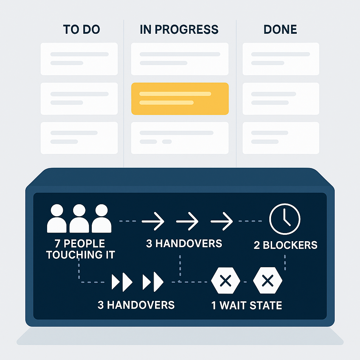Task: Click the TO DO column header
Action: coord(82,30)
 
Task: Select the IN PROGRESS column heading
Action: coord(179,30)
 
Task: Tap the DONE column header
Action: coord(280,30)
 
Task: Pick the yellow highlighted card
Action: coord(180,98)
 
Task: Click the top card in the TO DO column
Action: coord(79,59)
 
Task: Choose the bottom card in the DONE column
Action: coord(281,138)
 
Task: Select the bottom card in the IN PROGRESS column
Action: coord(180,138)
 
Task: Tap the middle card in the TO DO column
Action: coord(79,98)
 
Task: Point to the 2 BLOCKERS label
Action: coord(285,245)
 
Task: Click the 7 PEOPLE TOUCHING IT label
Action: coord(81,249)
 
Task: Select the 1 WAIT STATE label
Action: coord(246,305)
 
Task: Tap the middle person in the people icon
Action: coord(79,219)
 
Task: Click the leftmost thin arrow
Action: coord(153,221)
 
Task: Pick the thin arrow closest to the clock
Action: coord(221,221)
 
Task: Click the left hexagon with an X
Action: coord(225,281)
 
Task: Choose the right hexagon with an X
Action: coord(268,281)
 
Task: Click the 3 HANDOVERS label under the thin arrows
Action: coord(184,243)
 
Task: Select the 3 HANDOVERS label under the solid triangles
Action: coord(136,304)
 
